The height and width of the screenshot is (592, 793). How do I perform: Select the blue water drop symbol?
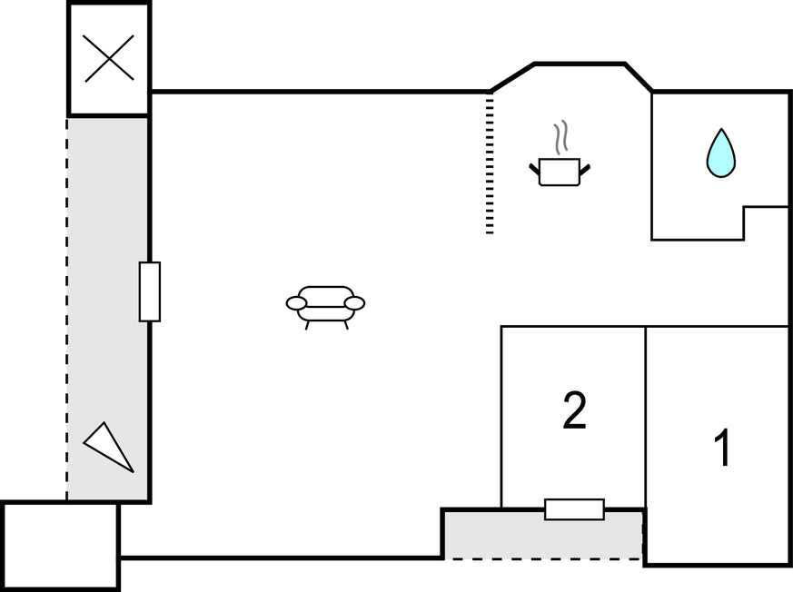[720, 153]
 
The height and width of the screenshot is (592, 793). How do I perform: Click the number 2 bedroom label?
[574, 410]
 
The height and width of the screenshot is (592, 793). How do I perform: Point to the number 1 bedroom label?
[723, 448]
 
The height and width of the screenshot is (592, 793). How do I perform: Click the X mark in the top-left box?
[109, 58]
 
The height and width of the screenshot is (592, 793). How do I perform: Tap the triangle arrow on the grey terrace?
[108, 447]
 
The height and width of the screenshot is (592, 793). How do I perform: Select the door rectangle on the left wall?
[150, 291]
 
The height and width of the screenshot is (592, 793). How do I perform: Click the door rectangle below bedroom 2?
[574, 509]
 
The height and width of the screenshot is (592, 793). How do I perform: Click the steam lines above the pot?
[560, 137]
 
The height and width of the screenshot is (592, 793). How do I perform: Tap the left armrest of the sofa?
[296, 303]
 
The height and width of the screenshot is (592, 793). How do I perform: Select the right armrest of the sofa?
[354, 303]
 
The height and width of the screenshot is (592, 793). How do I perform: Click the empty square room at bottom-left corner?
[60, 546]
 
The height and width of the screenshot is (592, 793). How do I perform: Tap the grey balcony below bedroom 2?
[543, 535]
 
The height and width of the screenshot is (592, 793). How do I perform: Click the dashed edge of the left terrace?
[66, 309]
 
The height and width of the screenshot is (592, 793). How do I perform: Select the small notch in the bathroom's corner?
[766, 223]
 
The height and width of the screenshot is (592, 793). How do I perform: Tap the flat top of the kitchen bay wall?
[580, 64]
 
